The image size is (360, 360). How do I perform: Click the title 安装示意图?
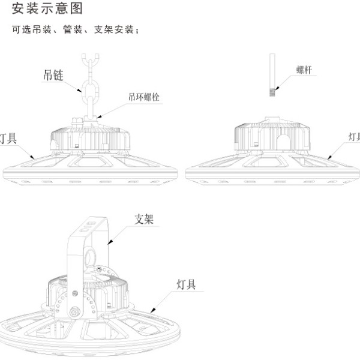(x=47, y=9)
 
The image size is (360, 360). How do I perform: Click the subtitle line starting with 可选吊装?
(x=76, y=29)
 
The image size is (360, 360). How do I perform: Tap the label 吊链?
(x=53, y=75)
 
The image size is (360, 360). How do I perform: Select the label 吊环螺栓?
(x=144, y=97)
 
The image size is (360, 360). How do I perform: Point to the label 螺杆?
(x=304, y=70)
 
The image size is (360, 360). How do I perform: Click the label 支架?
(x=144, y=219)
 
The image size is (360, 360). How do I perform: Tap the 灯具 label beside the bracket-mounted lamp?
(x=186, y=284)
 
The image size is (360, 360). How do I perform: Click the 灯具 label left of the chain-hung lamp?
(x=8, y=139)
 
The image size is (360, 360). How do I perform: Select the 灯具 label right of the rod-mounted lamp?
(x=354, y=137)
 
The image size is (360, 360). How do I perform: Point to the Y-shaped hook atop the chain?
(x=91, y=60)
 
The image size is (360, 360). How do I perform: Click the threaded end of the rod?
(x=272, y=92)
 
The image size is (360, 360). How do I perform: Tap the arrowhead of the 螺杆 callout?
(x=277, y=88)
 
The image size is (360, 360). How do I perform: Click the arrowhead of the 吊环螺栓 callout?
(x=99, y=117)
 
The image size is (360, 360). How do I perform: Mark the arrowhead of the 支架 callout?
(x=110, y=242)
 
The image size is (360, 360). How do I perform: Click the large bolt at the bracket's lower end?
(x=74, y=312)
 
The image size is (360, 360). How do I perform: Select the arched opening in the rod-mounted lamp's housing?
(x=283, y=142)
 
